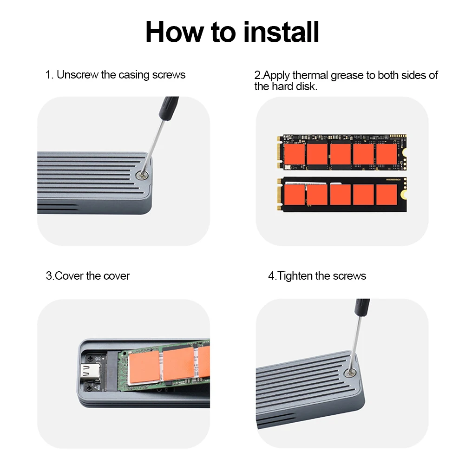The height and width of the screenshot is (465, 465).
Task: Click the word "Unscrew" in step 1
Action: point(77,75)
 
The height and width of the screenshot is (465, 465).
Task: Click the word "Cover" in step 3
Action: point(69,276)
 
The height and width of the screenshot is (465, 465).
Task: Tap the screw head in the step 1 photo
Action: point(140,175)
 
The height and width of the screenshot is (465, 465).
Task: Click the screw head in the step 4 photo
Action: point(350,373)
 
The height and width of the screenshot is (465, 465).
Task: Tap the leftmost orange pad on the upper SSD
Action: point(294,154)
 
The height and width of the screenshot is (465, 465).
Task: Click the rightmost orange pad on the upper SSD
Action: point(386,154)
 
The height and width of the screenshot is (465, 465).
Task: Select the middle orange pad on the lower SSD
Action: point(340,195)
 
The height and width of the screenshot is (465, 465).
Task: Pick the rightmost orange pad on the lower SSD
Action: point(386,195)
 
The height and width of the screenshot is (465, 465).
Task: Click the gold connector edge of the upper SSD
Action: point(279,153)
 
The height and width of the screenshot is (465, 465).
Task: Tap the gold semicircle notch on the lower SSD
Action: point(404,195)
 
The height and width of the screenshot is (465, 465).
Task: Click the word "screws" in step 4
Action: point(349,276)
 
